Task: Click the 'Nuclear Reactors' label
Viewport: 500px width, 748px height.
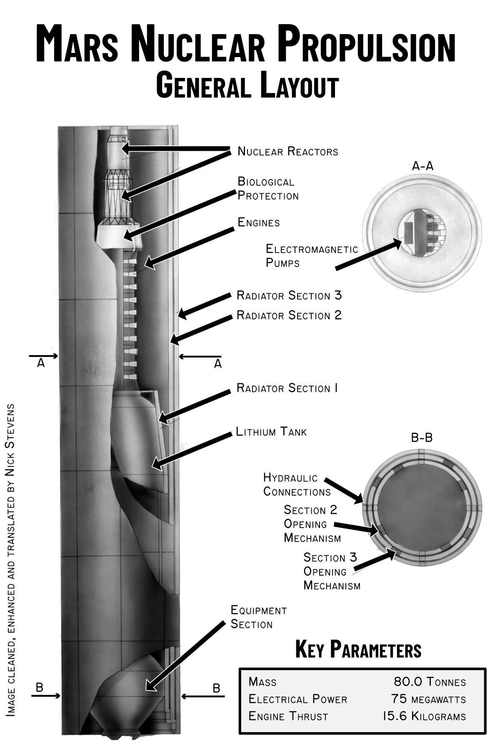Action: pos(287,151)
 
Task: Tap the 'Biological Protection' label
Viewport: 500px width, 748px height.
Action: pos(268,189)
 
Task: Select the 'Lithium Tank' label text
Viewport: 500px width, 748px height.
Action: pos(271,431)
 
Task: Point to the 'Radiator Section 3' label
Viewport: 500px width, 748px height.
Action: pos(289,296)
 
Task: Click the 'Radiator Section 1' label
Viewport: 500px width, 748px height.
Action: pos(287,388)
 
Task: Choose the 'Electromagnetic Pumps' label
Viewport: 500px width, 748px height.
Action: pos(312,256)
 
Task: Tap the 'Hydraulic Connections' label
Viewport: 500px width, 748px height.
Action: pos(297,485)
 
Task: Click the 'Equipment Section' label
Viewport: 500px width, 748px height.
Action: pos(258,617)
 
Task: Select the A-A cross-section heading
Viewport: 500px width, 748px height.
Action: pos(422,166)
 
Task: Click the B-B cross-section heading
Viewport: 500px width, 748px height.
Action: pos(422,438)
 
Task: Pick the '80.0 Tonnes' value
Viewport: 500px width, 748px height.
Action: pos(430,682)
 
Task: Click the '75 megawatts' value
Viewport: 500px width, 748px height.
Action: pos(428,699)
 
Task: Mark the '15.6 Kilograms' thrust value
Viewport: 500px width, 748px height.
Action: pos(424,716)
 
